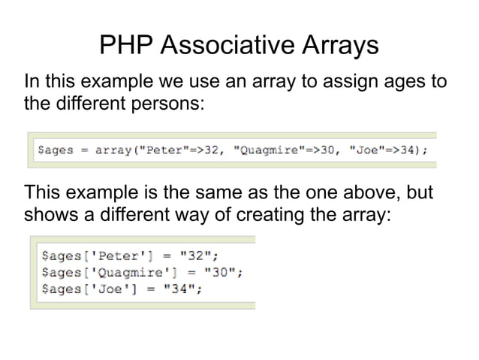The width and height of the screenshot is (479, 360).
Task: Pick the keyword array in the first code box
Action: tap(112, 150)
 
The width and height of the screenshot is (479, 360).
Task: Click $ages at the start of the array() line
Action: tap(56, 150)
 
